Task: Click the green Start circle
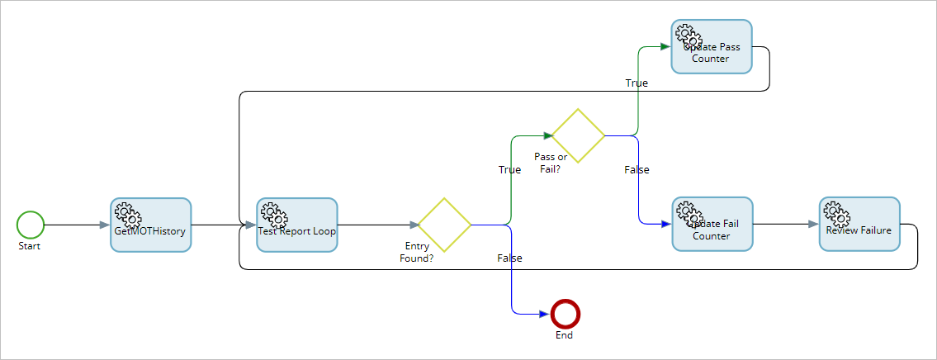point(31,225)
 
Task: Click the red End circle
point(566,314)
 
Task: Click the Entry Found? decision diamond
point(444,225)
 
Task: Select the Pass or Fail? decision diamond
point(578,135)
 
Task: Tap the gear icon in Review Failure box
point(837,214)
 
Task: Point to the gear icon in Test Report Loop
point(274,215)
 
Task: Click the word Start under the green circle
point(30,246)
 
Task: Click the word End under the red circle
point(565,335)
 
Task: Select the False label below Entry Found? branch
point(509,258)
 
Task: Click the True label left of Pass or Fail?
point(509,169)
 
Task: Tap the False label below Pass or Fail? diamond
point(636,170)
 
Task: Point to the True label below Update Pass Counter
point(636,83)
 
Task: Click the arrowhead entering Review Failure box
point(812,224)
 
